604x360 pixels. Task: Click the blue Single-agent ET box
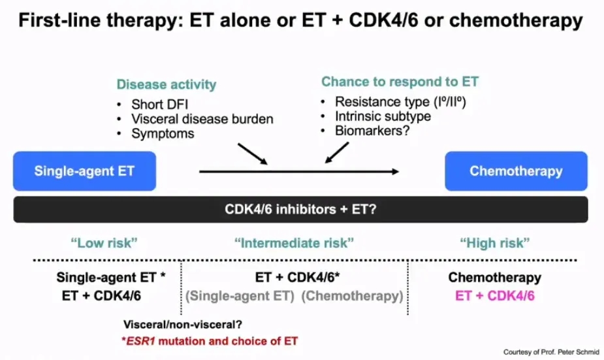point(85,171)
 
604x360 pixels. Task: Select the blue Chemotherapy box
point(516,171)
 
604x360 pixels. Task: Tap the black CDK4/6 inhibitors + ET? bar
point(301,210)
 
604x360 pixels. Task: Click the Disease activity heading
point(166,85)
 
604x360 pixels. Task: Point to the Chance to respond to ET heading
point(400,82)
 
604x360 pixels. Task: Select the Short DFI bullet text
point(160,105)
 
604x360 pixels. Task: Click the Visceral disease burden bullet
point(202,119)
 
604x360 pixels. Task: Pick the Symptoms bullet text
point(163,133)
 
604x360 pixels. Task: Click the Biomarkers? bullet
point(371,131)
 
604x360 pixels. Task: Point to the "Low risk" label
point(105,243)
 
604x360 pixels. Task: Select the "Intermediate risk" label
point(294,243)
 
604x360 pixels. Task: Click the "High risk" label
point(494,243)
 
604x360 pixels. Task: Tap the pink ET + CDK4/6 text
point(494,295)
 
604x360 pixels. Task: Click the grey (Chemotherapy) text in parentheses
point(353,295)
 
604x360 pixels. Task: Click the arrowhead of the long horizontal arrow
point(396,171)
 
